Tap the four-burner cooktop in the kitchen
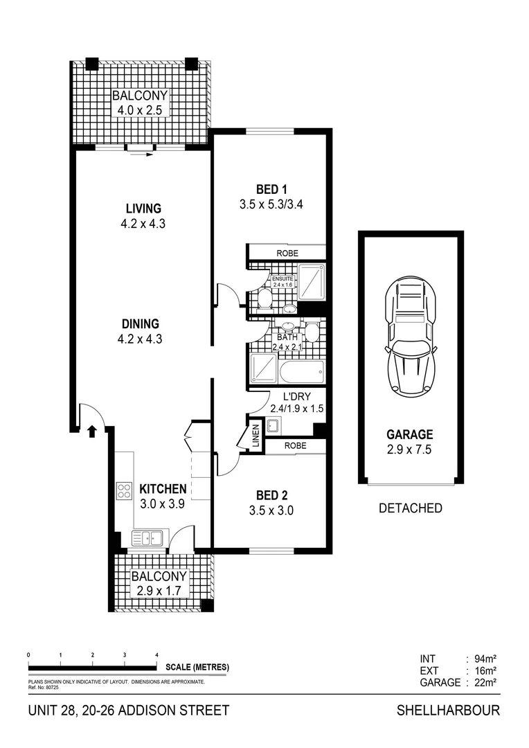coord(125,491)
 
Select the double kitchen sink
coord(146,537)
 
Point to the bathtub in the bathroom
coord(302,373)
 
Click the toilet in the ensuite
coord(264,299)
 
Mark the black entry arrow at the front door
coord(91,431)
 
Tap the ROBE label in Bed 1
coord(287,253)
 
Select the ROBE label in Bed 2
coord(295,447)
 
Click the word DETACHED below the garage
coord(411,508)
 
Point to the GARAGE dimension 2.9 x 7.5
coord(410,449)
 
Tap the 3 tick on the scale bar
coord(125,654)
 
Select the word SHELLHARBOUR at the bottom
coord(448,711)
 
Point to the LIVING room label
coord(143,208)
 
